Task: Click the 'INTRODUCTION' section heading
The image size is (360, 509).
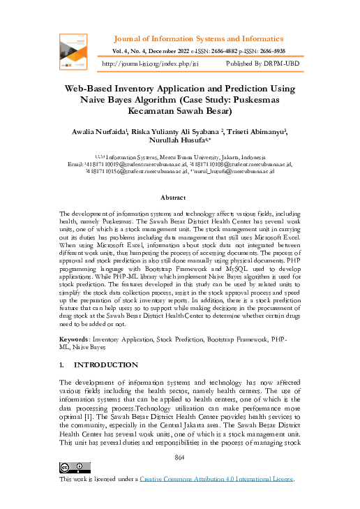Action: click(106, 364)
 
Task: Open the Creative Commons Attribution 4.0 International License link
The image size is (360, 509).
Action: click(217, 480)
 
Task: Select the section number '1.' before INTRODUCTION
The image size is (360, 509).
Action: click(63, 364)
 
